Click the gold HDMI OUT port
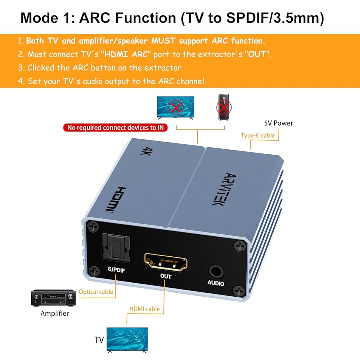(x=166, y=262)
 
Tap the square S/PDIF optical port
(x=116, y=248)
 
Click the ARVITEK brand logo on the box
(x=224, y=189)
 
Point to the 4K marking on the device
(x=146, y=151)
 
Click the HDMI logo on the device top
(x=116, y=199)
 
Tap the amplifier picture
(x=53, y=298)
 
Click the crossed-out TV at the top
(x=176, y=108)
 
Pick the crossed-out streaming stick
(x=224, y=107)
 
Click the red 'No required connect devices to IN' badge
(x=116, y=127)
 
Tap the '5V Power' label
(x=279, y=123)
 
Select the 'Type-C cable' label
(x=258, y=135)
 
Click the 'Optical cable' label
(x=96, y=292)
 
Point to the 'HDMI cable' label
(x=145, y=309)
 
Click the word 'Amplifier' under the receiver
(x=55, y=314)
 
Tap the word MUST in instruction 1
(x=163, y=41)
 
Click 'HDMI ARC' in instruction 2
(x=126, y=54)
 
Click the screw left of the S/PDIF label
(x=94, y=271)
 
